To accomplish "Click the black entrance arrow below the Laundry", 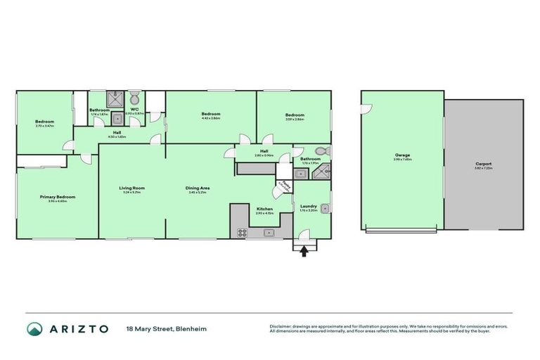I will [304, 251].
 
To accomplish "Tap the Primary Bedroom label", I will [57, 197].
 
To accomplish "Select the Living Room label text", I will [131, 188].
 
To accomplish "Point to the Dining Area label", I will [199, 188].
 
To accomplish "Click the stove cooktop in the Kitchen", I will [242, 231].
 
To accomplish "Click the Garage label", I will [402, 155].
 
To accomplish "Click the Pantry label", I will [283, 185].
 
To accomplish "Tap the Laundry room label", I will [309, 206].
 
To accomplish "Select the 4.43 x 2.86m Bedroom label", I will [211, 114].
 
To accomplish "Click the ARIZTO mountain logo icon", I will [34, 329].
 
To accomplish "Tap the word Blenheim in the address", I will [192, 329].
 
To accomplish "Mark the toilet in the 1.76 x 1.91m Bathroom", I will [321, 151].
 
